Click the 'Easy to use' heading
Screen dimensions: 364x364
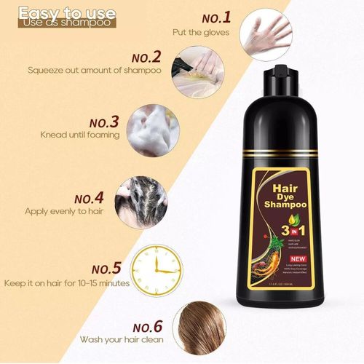click(x=66, y=12)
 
